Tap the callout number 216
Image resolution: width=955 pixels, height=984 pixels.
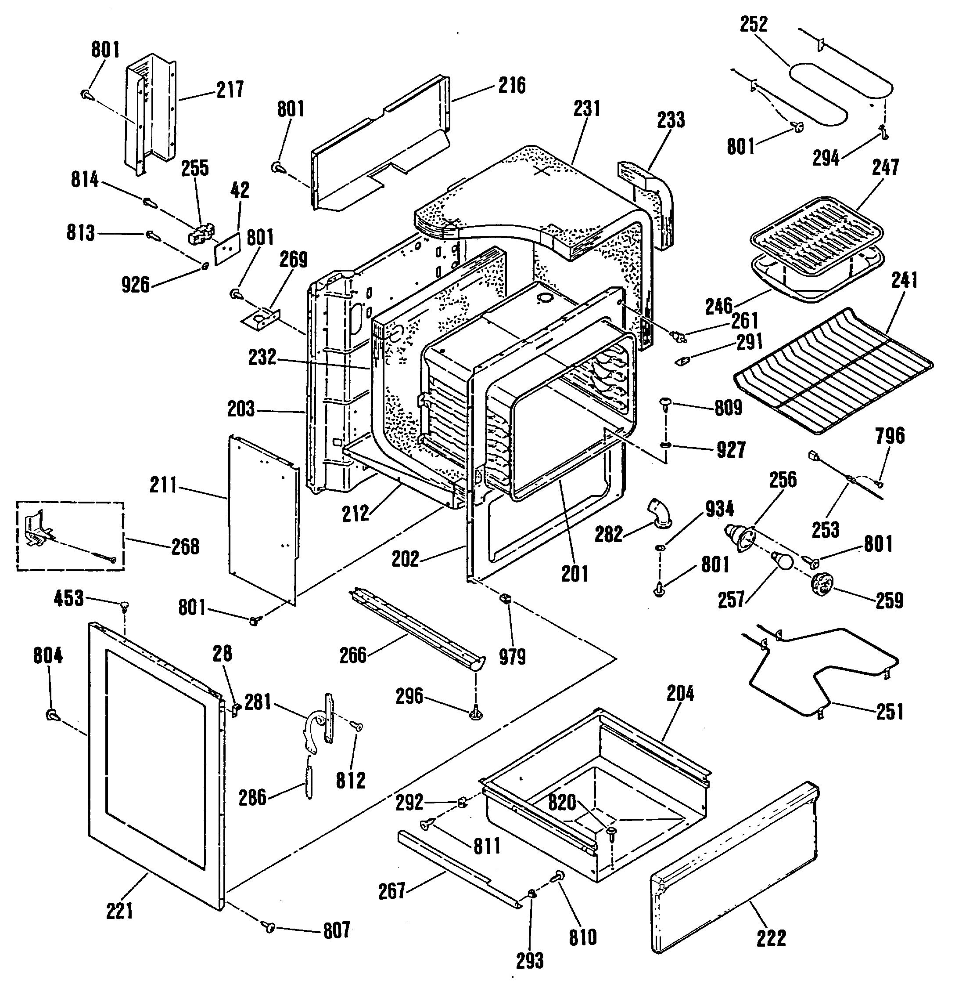point(512,85)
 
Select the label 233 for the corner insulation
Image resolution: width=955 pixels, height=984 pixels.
point(671,120)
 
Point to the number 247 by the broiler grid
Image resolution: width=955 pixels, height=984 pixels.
point(885,167)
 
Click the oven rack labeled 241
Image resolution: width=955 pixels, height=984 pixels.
point(833,372)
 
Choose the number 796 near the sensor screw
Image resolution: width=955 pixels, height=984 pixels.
point(890,436)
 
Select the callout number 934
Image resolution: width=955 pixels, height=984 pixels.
point(719,509)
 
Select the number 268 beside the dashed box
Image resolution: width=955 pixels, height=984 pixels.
point(186,547)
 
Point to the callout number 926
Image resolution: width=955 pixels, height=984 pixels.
point(136,285)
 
